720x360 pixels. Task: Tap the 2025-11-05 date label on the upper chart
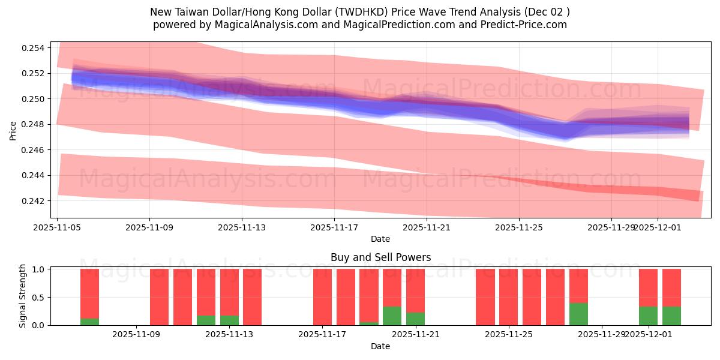pyautogui.click(x=57, y=227)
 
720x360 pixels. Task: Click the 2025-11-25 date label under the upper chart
pyautogui.click(x=519, y=227)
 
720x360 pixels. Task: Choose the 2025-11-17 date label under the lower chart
pyautogui.click(x=323, y=334)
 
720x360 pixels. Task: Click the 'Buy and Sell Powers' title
pyautogui.click(x=380, y=257)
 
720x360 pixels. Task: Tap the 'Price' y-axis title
pyautogui.click(x=13, y=130)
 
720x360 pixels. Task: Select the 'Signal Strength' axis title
pyautogui.click(x=22, y=296)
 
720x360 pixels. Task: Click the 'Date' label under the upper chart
pyautogui.click(x=380, y=239)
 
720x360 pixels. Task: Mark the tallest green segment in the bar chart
pyautogui.click(x=578, y=314)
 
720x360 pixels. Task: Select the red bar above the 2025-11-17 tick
pyautogui.click(x=323, y=297)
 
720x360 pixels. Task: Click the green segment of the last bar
pyautogui.click(x=671, y=316)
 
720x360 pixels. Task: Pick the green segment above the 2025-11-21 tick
pyautogui.click(x=415, y=319)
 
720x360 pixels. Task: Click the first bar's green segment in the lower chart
pyautogui.click(x=90, y=322)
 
